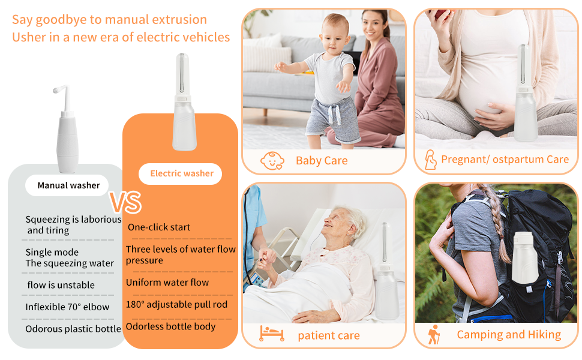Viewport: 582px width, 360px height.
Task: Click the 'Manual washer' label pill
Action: pos(68,185)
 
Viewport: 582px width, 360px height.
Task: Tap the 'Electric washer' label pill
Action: pos(181,173)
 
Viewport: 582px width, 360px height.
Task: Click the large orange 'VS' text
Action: pos(125,203)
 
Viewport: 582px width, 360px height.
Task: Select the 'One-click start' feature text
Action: pos(159,227)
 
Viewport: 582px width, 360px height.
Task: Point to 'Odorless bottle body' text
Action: pos(170,327)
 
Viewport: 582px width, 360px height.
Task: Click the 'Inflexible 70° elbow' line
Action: pos(67,307)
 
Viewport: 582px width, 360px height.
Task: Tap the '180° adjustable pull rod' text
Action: pos(177,304)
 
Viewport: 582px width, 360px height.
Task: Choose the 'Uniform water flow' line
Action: pos(167,283)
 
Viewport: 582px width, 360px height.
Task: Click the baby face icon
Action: pos(272,160)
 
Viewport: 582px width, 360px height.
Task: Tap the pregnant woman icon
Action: pos(430,160)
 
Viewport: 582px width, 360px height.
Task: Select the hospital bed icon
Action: pos(272,334)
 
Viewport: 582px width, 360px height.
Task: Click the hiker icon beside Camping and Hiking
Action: pos(433,334)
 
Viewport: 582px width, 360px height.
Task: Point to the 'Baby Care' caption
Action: pos(322,161)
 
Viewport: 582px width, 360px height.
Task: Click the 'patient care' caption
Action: pos(329,336)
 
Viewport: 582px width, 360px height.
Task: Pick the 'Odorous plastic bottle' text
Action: pos(73,329)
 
